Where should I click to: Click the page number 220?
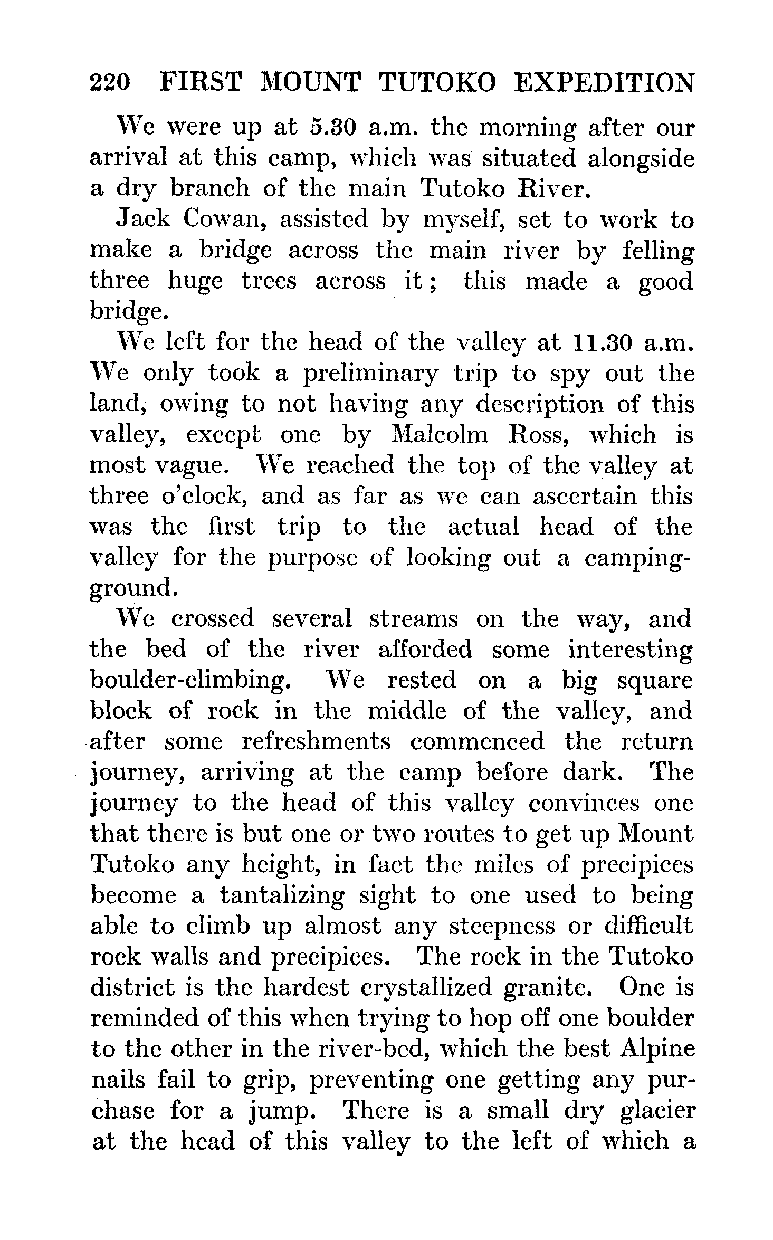coord(109,83)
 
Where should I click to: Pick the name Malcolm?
coord(440,435)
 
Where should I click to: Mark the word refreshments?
coord(316,741)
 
